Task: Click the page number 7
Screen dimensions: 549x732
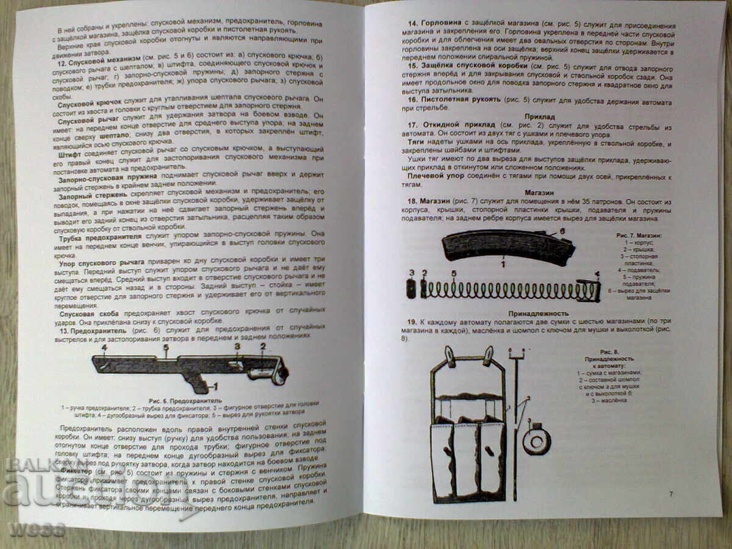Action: [671, 494]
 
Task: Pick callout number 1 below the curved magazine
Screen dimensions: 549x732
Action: [503, 265]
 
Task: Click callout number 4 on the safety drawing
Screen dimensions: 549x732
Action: [104, 349]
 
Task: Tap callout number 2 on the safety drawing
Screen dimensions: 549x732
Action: [263, 346]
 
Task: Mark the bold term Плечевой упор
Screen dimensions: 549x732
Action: [438, 176]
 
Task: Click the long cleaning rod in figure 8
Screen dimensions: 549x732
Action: [515, 421]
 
